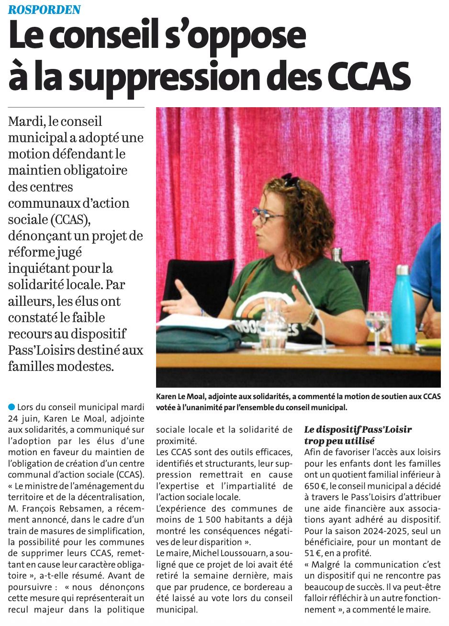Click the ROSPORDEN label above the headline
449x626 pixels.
click(x=45, y=9)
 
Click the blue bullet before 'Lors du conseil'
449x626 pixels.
click(x=11, y=407)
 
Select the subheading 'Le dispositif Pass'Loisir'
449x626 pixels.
click(x=358, y=429)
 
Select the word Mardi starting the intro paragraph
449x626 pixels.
click(x=26, y=122)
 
